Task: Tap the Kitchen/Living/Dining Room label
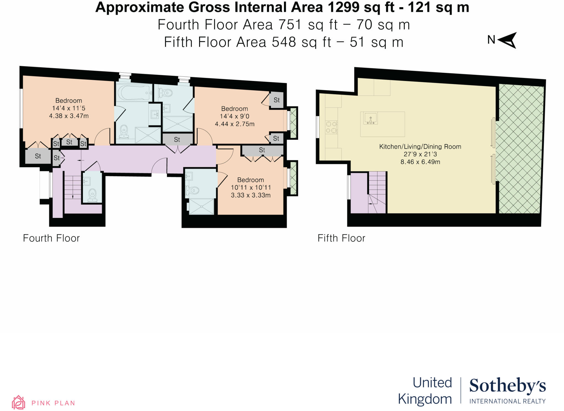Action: (420, 147)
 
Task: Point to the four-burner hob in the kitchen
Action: (331, 127)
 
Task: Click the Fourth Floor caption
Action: (51, 238)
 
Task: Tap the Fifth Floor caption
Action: (341, 238)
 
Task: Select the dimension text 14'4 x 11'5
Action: (69, 108)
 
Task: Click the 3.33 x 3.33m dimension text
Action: (251, 195)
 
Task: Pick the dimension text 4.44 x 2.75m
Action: (235, 124)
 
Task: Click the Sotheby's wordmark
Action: (507, 385)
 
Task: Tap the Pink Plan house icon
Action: (18, 402)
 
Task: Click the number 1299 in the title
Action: (343, 7)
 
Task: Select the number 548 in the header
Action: (284, 42)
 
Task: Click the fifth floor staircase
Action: (377, 192)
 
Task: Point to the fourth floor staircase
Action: (73, 185)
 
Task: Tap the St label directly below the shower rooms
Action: (177, 140)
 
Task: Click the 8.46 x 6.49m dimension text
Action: (420, 162)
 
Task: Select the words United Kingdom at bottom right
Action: (425, 391)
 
